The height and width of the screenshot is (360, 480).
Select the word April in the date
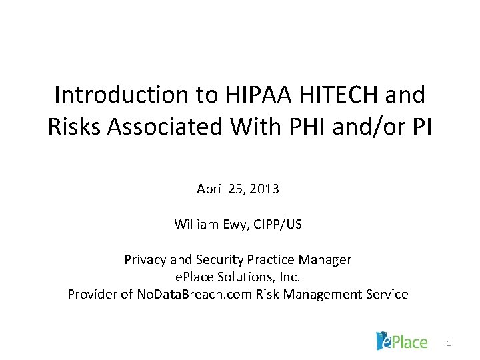(210, 189)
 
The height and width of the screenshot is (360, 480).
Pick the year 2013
(265, 189)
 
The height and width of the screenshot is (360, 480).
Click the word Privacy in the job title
(144, 259)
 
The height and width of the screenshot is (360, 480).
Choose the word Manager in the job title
(326, 259)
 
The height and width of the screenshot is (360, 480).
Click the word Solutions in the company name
(253, 277)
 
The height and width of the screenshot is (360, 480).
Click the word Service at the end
(386, 294)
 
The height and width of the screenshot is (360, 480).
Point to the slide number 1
(449, 343)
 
